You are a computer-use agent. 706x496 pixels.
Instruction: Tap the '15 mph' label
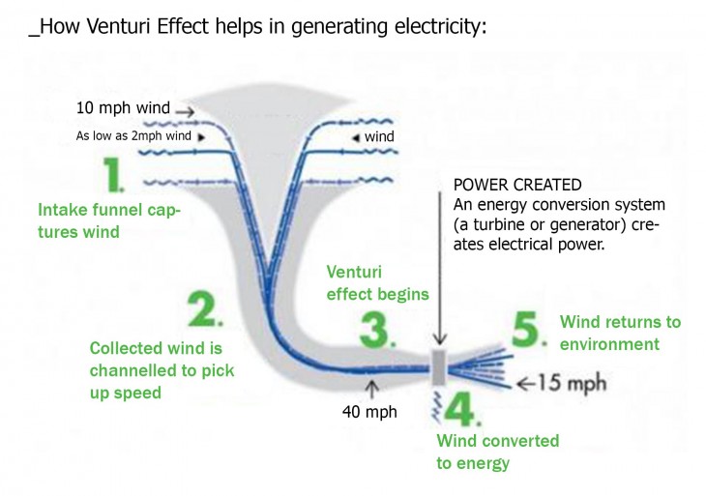(574, 383)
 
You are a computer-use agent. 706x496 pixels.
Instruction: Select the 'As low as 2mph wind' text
(134, 136)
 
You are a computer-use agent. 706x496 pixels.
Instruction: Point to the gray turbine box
(438, 367)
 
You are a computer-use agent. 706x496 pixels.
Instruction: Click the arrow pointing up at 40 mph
(372, 389)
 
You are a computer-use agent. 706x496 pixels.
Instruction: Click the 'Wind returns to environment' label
(620, 334)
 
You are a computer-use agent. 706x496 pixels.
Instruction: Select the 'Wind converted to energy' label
(497, 452)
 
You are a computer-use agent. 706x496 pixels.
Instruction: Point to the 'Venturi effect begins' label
(390, 283)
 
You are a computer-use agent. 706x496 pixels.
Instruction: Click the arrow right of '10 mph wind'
(185, 112)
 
